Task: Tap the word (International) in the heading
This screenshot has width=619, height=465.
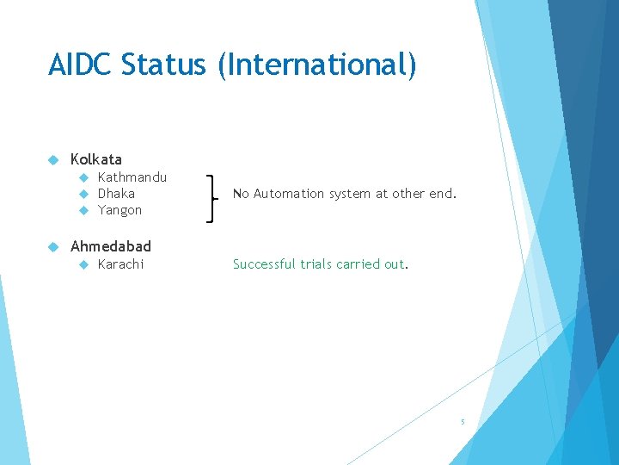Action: tap(317, 65)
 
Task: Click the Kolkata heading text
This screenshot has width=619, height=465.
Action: tap(96, 159)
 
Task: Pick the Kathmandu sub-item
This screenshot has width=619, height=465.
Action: tap(132, 177)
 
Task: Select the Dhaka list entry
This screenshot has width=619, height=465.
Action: tap(116, 194)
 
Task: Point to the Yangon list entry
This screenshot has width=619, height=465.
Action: tap(120, 210)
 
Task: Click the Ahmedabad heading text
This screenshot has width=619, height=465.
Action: tap(111, 246)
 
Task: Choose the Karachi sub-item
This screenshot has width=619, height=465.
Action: tap(120, 264)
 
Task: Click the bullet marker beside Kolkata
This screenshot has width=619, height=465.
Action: tap(52, 160)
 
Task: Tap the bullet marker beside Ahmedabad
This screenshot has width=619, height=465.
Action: tap(52, 247)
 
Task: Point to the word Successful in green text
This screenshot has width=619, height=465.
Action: tap(264, 264)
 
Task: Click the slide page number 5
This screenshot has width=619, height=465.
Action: tap(463, 422)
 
